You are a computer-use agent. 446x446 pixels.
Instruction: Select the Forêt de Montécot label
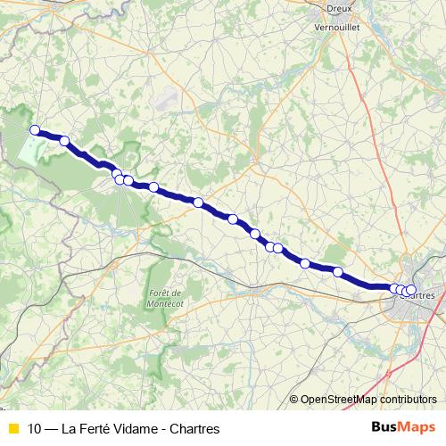164,299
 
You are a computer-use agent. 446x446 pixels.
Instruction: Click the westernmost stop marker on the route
36,130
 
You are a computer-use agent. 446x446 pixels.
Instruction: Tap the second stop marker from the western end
64,140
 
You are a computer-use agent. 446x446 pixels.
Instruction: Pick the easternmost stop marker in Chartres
411,289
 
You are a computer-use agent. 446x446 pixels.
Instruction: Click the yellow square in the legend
12,428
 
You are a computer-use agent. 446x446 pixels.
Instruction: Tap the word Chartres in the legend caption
195,428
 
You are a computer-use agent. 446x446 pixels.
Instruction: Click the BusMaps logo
403,427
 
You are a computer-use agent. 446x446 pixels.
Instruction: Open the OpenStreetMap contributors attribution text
368,400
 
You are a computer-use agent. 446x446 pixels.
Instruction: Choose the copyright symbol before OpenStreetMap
293,400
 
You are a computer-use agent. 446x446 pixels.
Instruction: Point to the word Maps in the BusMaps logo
417,427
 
